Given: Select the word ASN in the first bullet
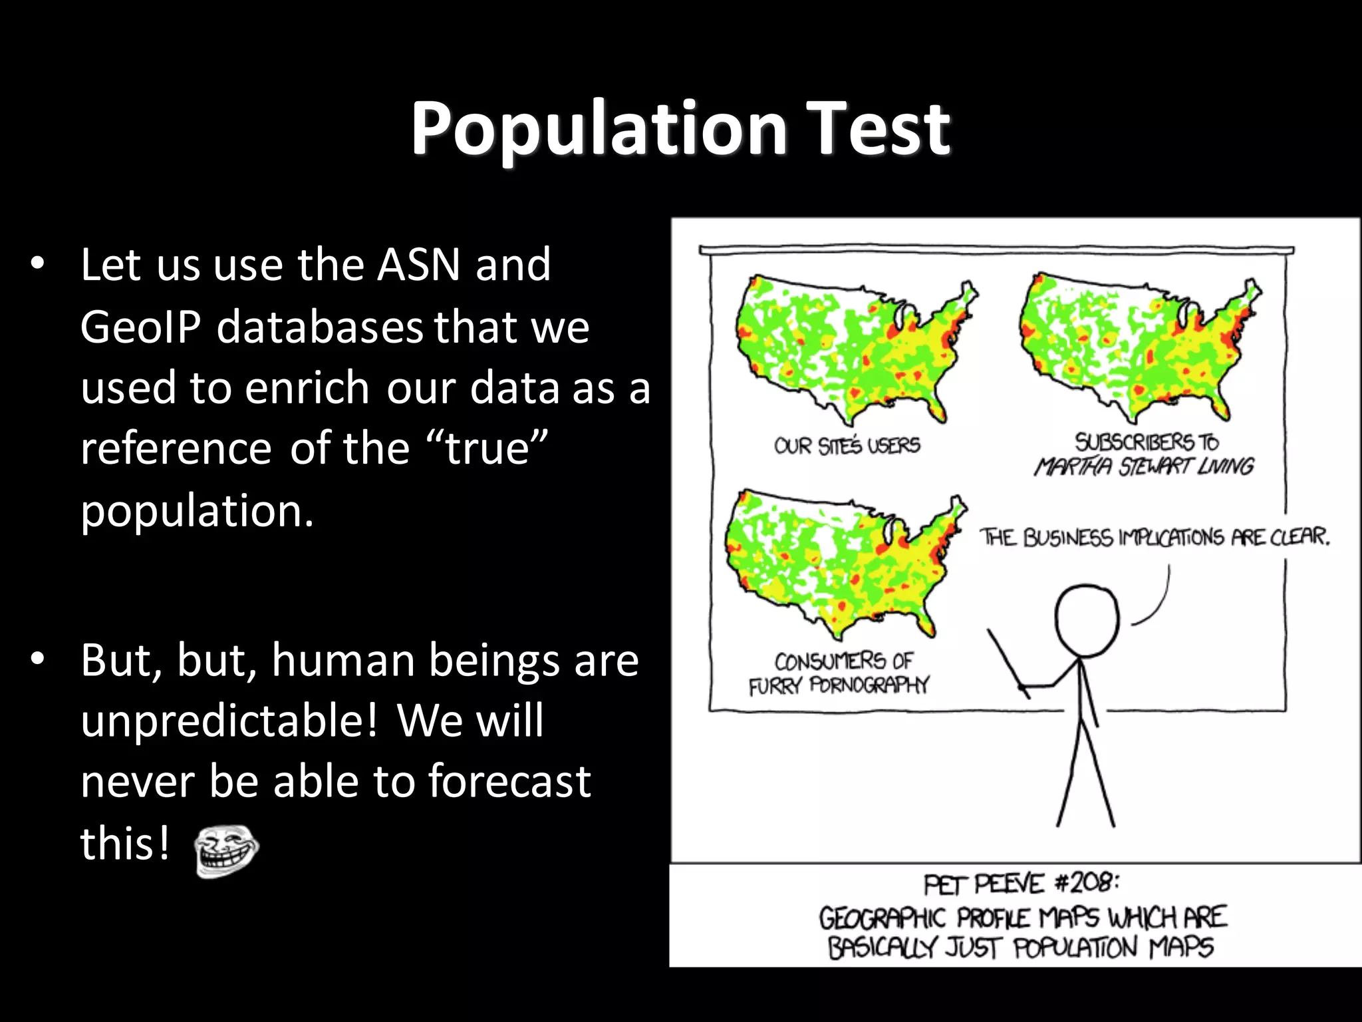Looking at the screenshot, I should [419, 265].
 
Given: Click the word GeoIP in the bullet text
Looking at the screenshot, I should [140, 327].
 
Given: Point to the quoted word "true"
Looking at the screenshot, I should [486, 448].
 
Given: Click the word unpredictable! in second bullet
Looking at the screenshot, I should [229, 721].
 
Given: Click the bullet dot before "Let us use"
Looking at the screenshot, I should [37, 264].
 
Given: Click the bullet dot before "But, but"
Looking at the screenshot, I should [37, 659].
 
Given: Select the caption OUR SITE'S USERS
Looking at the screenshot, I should [847, 445].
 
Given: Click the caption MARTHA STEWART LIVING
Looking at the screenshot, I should [1144, 466].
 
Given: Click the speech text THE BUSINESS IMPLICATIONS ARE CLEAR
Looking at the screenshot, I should [1155, 537].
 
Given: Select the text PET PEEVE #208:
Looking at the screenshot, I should [1021, 884].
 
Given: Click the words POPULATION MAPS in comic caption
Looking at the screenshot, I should [1113, 947].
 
